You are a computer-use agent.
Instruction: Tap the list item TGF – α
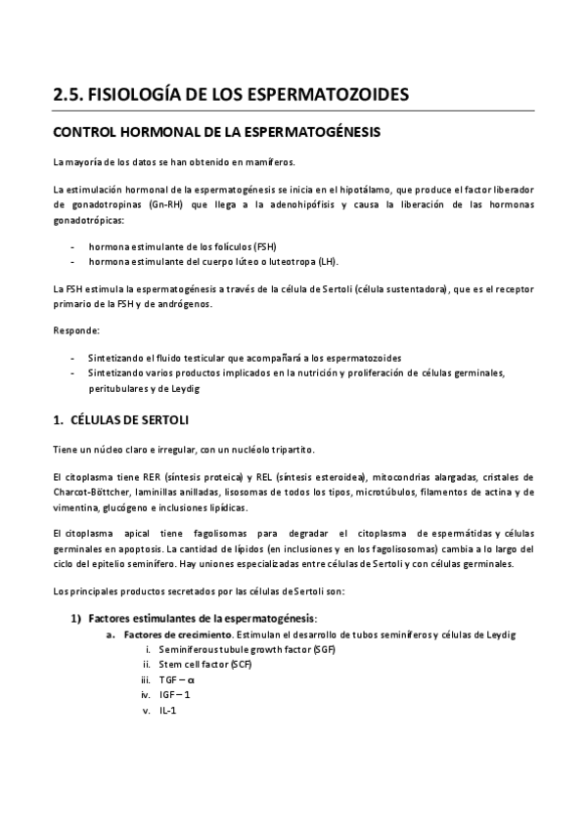177,679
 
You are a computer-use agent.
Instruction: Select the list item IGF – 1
176,695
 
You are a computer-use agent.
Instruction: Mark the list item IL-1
167,710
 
